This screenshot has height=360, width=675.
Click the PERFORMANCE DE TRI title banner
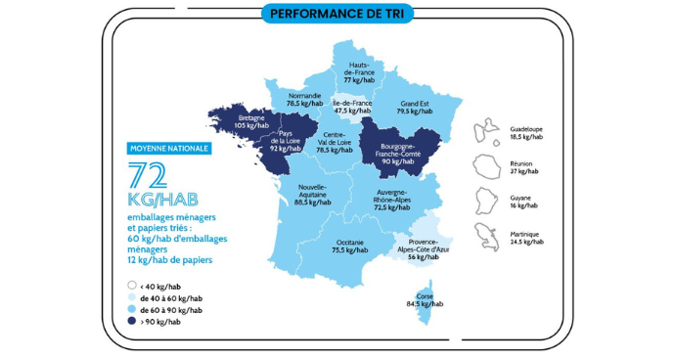(x=337, y=15)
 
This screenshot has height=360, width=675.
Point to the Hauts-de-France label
(x=360, y=73)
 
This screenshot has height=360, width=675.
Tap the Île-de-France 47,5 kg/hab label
(x=352, y=107)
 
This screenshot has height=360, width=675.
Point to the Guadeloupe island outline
(x=487, y=131)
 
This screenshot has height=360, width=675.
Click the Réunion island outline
(x=486, y=165)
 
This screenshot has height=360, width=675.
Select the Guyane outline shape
(x=487, y=201)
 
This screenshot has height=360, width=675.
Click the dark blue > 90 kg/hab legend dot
(x=131, y=321)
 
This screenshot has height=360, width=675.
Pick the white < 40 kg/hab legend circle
(x=131, y=287)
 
